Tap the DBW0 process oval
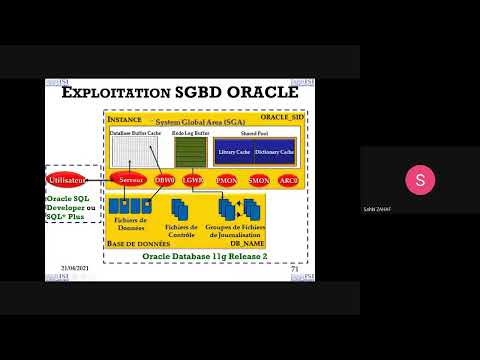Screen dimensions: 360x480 click(x=165, y=180)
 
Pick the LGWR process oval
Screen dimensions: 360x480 click(x=194, y=180)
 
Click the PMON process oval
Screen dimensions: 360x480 click(x=226, y=180)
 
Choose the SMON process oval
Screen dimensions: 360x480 click(x=258, y=180)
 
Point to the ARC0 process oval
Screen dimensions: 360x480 click(x=288, y=180)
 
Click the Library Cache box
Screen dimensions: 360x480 click(x=232, y=151)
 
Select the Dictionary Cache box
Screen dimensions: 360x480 click(x=272, y=151)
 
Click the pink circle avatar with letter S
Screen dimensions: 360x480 click(x=418, y=180)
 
